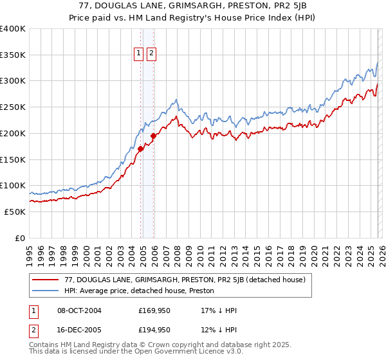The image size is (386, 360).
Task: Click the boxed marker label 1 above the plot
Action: (139, 54)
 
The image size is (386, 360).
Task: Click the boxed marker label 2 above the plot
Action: (152, 54)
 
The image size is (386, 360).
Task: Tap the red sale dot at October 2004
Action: (140, 148)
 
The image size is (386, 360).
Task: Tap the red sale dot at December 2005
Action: (154, 136)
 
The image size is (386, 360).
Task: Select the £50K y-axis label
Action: (15, 212)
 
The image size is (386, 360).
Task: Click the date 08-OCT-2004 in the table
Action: (79, 310)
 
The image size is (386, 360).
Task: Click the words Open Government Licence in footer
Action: (171, 352)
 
